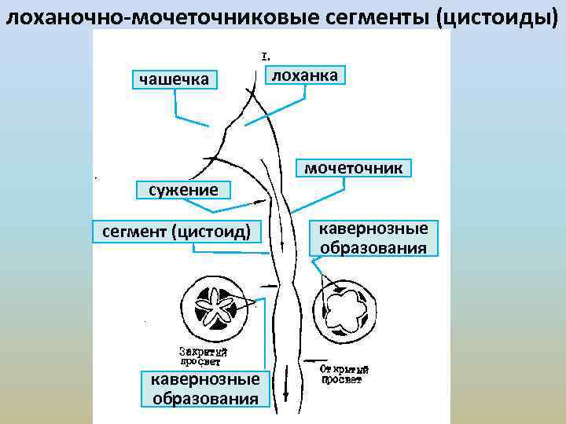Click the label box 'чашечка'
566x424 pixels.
174,79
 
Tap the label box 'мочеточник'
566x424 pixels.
354,169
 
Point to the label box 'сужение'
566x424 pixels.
177,190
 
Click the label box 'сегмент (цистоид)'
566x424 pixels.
177,232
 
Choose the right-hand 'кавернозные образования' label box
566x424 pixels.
373,239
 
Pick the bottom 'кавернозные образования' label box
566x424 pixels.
205,389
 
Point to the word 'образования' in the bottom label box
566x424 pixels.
205,398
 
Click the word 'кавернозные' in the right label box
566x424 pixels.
373,228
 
